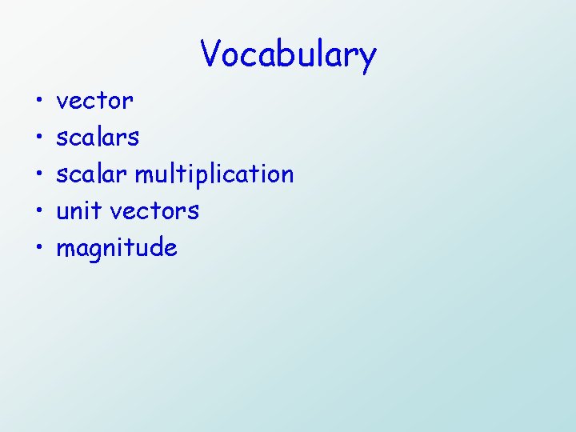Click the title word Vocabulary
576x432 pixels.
[x=288, y=55]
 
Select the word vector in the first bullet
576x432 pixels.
[x=94, y=102]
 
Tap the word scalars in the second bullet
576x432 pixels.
[x=97, y=138]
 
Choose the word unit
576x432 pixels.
[x=79, y=211]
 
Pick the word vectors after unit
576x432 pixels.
[x=154, y=211]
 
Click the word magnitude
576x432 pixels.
[x=116, y=249]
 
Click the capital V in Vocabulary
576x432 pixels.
[x=211, y=54]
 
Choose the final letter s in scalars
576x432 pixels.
[x=133, y=138]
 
